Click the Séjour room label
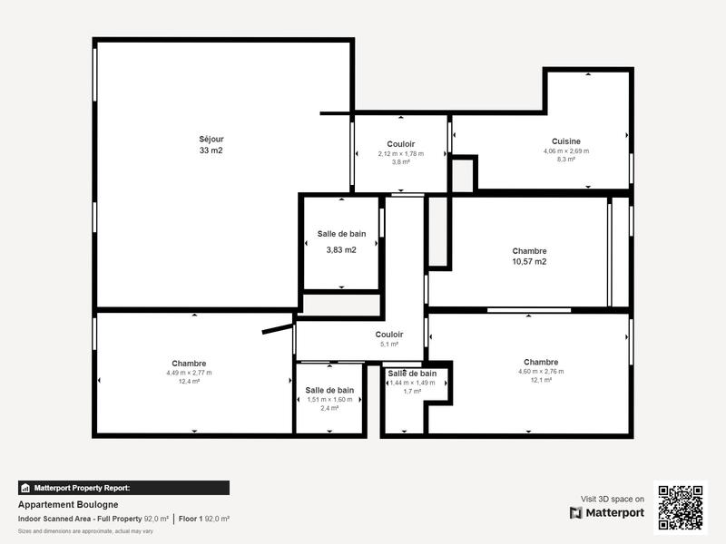[211, 139]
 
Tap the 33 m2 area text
[211, 151]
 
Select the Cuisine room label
[565, 141]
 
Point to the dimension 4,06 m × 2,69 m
[565, 151]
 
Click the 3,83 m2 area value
[341, 249]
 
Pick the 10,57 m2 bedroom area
[529, 261]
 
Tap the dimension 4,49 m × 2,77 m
[189, 373]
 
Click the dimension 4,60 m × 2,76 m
[541, 372]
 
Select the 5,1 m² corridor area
[388, 345]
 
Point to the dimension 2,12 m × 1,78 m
[400, 154]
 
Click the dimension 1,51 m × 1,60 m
[329, 400]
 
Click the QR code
[682, 507]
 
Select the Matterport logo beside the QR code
[607, 512]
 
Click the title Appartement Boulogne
[68, 505]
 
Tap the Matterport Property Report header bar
[123, 488]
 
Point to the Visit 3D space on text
[613, 499]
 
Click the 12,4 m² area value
[189, 382]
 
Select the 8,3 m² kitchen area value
[565, 160]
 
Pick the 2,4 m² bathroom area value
[329, 409]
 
